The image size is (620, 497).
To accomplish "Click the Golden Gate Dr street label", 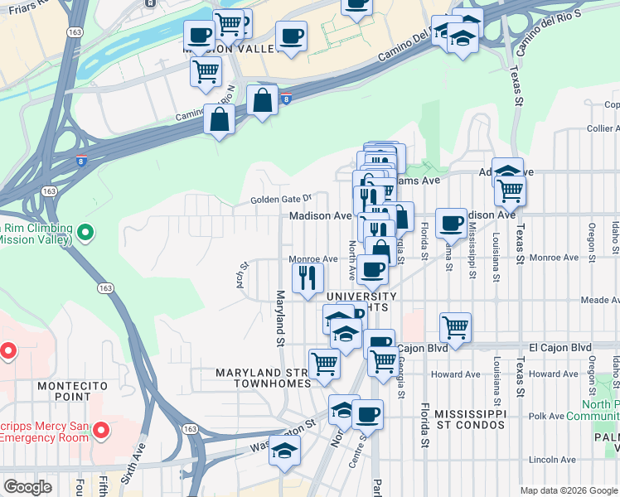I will tap(281, 199).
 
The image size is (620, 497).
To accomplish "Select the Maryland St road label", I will tap(280, 319).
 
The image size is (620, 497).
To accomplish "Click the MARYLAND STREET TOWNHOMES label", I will tap(263, 379).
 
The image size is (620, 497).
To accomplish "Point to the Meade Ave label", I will tap(600, 301).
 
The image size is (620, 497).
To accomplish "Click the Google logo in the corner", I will tap(27, 487).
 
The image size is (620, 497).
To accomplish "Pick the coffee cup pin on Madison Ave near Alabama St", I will tap(451, 222).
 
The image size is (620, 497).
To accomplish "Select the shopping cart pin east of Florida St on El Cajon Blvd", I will tap(455, 326).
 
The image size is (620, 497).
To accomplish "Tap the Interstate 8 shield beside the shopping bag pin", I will tap(286, 99).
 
